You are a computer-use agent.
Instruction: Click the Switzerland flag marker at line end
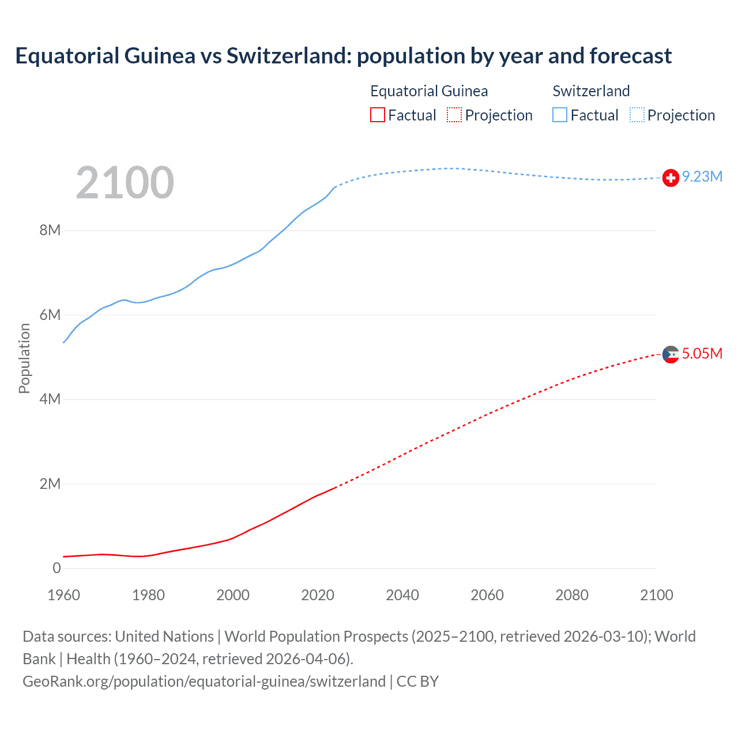click(x=671, y=178)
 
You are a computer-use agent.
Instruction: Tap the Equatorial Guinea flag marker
click(x=671, y=355)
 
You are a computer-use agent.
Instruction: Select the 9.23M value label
click(x=702, y=177)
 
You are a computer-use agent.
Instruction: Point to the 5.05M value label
click(x=702, y=353)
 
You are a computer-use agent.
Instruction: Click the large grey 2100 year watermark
click(x=125, y=183)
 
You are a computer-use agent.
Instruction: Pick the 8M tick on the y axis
click(x=50, y=231)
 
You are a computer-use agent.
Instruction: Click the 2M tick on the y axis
click(x=50, y=484)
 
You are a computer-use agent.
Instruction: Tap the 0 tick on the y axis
click(x=57, y=568)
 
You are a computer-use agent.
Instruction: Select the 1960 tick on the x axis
click(x=63, y=595)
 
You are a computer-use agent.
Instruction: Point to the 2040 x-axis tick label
click(x=402, y=595)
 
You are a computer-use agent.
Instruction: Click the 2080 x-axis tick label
click(x=572, y=595)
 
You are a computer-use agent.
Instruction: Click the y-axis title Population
click(x=24, y=358)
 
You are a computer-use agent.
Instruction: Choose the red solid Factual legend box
click(x=377, y=115)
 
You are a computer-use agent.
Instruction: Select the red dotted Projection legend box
click(x=454, y=115)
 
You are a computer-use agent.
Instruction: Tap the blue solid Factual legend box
click(x=560, y=115)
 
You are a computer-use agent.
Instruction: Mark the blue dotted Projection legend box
click(x=637, y=115)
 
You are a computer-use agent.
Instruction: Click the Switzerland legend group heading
click(x=591, y=91)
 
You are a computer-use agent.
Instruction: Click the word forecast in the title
click(x=630, y=56)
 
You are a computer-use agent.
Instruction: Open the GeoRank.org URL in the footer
click(x=204, y=681)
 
